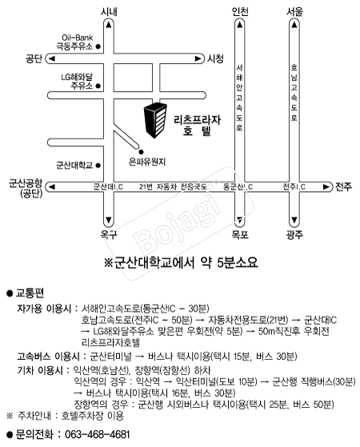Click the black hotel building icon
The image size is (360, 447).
coord(155,120)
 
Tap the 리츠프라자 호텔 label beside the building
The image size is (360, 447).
coord(197,126)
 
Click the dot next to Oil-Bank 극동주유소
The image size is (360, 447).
coord(98,46)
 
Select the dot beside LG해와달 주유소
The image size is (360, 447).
coord(98,86)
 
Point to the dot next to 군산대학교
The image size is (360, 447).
coord(98,165)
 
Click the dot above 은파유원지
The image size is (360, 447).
coord(141,152)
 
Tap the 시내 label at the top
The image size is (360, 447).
coord(109,12)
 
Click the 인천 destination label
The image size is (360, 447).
coord(240,12)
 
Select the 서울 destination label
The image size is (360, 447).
coord(294,12)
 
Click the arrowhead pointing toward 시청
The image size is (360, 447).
coord(198,58)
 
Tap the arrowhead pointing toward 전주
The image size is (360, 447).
coord(326,187)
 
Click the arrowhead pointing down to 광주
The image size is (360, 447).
coord(294,221)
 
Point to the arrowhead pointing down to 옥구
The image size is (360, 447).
coord(108,221)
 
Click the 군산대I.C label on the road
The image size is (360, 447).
coord(108,187)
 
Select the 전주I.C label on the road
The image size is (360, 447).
coord(294,187)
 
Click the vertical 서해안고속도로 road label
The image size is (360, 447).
coord(239,98)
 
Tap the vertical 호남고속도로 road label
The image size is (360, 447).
coord(294,93)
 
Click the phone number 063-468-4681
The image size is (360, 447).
coord(98,435)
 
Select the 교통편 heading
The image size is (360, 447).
coord(30,293)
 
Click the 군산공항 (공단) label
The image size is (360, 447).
coord(26,188)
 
